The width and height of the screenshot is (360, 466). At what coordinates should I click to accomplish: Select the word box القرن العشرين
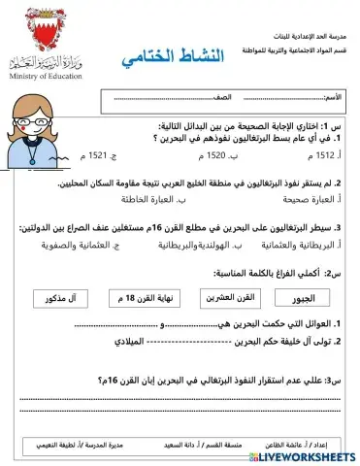tap(230, 298)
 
